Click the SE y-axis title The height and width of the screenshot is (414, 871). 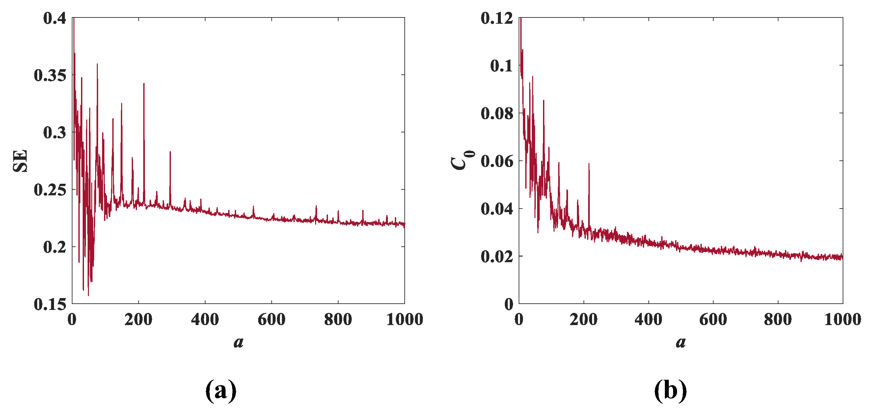click(x=20, y=161)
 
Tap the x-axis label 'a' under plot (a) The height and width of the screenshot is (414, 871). click(x=238, y=342)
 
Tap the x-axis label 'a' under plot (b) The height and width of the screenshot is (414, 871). click(x=681, y=342)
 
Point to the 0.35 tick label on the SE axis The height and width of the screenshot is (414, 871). click(x=50, y=75)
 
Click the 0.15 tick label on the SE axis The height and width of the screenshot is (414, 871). click(x=50, y=304)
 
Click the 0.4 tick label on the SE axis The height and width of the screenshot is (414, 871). click(x=55, y=18)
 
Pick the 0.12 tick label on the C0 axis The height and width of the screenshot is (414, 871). click(x=497, y=18)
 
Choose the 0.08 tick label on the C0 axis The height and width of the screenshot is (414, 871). click(x=497, y=113)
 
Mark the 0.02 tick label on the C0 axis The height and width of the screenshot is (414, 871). click(x=497, y=257)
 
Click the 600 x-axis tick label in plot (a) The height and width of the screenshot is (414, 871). click(x=272, y=319)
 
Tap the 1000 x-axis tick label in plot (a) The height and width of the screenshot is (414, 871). click(x=404, y=319)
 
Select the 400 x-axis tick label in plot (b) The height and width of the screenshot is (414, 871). click(x=648, y=319)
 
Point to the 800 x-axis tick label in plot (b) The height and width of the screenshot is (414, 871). click(x=778, y=319)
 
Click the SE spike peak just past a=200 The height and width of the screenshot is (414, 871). click(x=144, y=84)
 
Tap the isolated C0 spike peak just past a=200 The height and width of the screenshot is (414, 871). click(x=589, y=164)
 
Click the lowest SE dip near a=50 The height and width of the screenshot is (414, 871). click(x=88, y=295)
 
